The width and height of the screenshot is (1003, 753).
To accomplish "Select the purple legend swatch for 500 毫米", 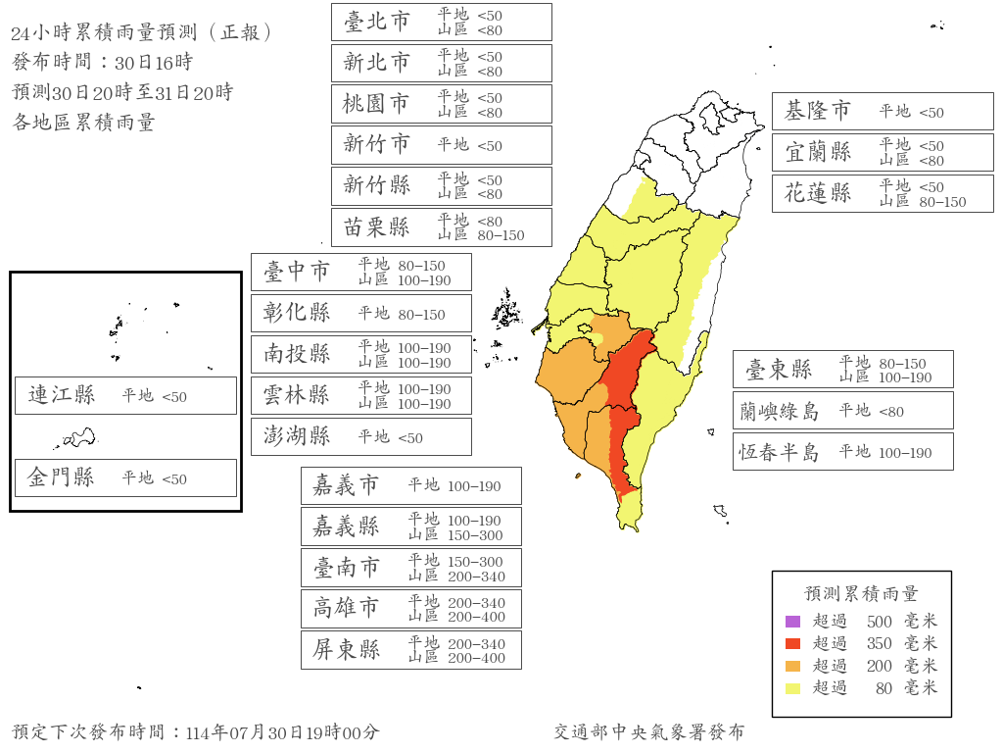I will point(793,621).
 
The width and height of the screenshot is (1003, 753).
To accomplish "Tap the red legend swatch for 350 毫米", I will point(793,643).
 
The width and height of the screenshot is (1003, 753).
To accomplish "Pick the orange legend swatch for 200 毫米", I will point(793,666).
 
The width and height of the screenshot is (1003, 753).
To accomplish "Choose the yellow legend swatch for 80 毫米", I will point(793,688).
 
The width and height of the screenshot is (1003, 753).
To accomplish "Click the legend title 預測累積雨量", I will point(861,593).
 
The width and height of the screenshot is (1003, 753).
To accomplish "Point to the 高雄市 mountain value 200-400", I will point(476,617).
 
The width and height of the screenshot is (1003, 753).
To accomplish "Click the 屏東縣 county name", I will point(347,649).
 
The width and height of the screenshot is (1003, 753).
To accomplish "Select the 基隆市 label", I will point(818,112).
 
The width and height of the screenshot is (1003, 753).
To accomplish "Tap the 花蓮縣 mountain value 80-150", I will point(942,202).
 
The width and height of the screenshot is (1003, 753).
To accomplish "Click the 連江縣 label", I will point(62,395).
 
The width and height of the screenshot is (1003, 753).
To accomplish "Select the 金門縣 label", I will point(62,477).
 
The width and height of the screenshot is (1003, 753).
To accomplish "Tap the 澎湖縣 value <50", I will point(410,438).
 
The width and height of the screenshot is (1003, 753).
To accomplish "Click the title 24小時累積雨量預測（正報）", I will point(142,32).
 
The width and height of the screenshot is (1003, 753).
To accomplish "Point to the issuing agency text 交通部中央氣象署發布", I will point(648,731).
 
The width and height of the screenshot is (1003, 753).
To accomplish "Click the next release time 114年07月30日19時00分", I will point(282,732).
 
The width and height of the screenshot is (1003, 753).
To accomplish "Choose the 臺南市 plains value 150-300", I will point(476,561).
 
